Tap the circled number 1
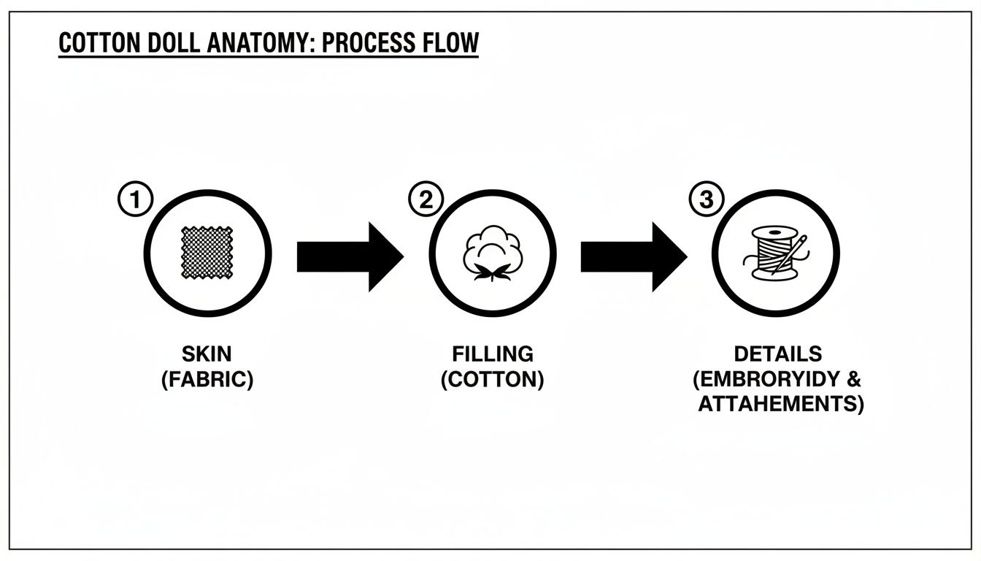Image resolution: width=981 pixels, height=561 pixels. coord(135,199)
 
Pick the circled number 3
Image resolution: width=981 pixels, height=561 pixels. coord(705,199)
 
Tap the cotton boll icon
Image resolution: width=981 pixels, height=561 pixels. coord(492,255)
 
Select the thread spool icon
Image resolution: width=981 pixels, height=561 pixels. coord(772,253)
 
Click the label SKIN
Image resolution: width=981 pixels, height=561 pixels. coord(207,354)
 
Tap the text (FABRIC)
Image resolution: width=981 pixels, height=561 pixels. coord(207,380)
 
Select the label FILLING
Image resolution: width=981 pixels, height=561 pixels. coord(493,354)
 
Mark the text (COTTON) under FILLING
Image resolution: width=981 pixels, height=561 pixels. coord(493,380)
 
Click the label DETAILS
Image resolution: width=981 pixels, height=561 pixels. coord(778,354)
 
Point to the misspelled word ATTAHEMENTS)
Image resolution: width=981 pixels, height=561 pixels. coord(780,404)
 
